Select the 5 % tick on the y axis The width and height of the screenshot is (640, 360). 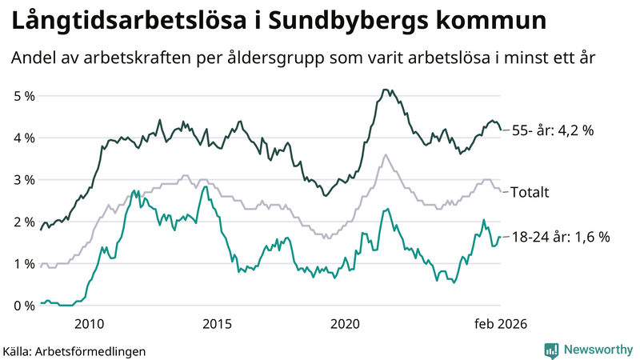(25, 96)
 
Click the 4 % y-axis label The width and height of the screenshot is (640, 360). (25, 138)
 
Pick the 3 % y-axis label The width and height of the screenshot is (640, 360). (25, 180)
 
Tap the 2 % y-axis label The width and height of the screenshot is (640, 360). (25, 222)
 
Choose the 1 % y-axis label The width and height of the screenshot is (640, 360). (25, 264)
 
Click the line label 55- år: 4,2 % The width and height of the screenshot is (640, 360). (553, 130)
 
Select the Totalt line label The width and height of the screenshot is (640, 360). (530, 192)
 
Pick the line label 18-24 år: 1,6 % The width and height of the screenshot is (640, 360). (561, 237)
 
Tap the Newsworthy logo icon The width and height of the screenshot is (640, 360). (551, 350)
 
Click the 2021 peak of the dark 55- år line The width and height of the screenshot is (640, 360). (386, 90)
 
